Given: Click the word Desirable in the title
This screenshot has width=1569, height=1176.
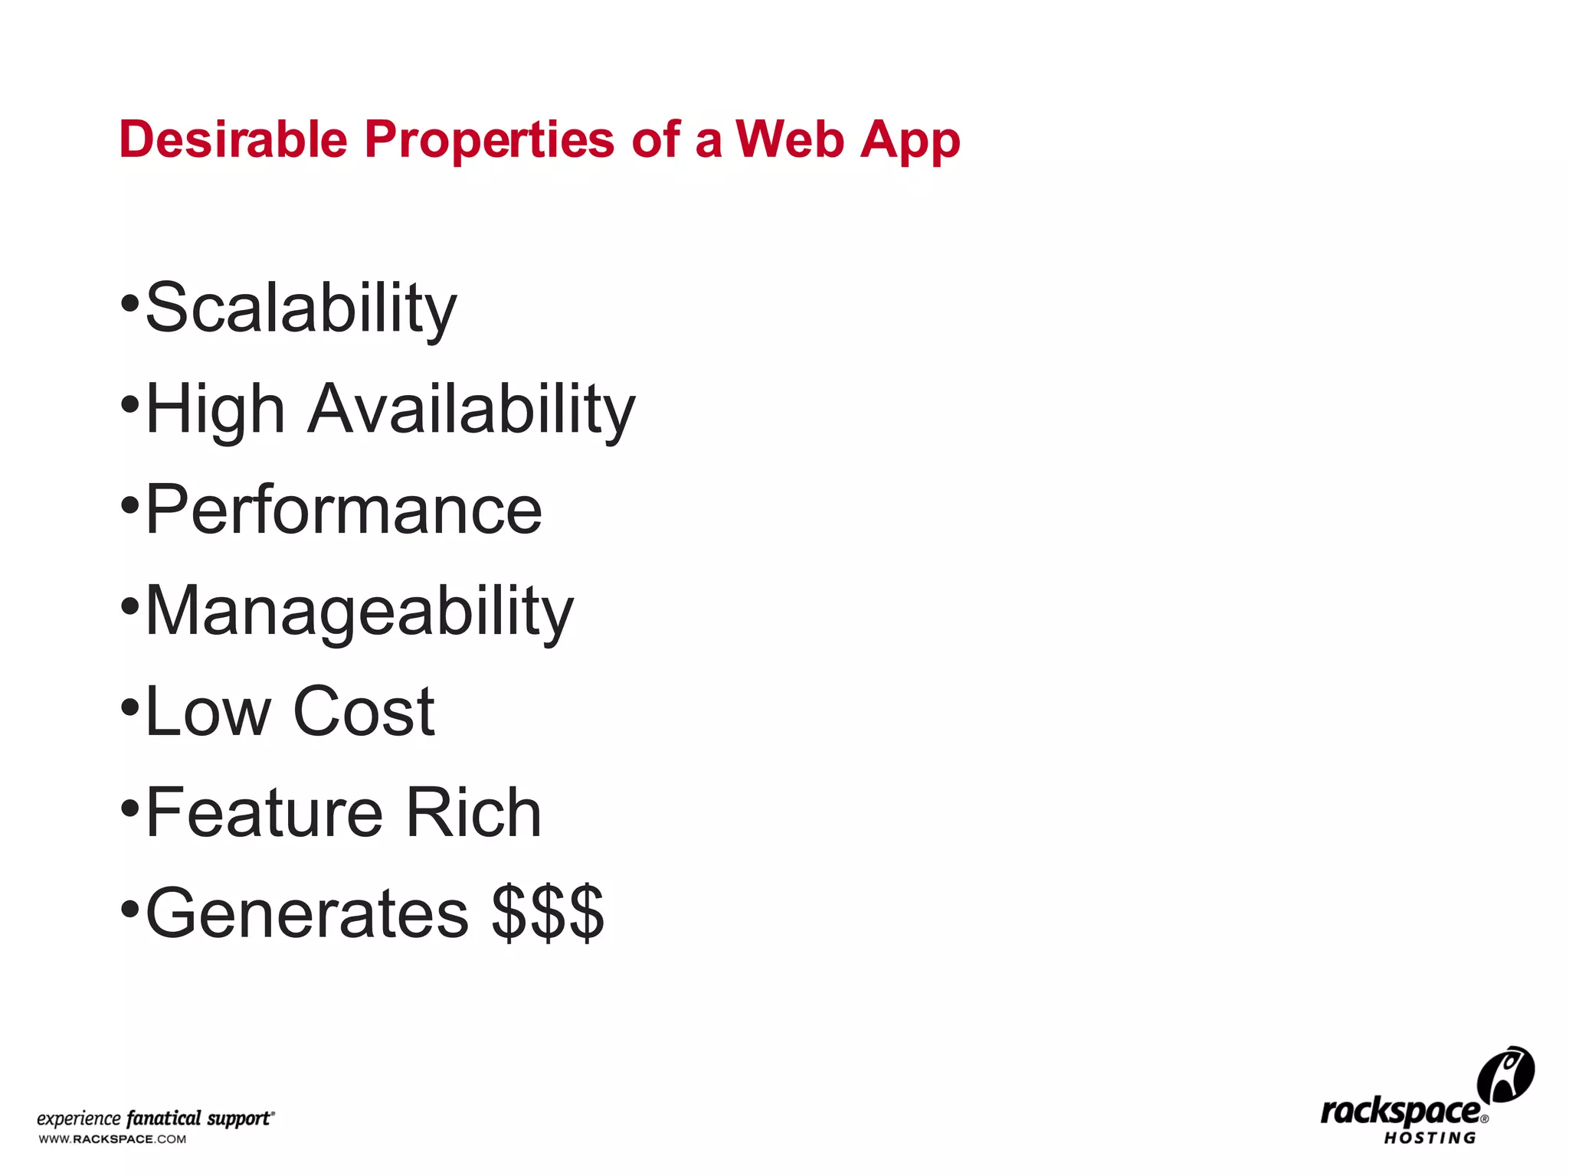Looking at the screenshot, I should (234, 139).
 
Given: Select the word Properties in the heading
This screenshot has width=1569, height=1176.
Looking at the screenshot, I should (489, 141).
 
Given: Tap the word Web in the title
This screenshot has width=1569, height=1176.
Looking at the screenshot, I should (790, 139).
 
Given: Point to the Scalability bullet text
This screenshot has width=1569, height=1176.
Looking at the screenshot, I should (301, 309).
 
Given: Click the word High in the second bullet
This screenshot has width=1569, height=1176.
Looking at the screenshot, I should (215, 410).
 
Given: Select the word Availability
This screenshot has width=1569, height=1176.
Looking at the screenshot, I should (472, 410).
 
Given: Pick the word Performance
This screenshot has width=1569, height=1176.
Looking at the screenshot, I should (344, 510).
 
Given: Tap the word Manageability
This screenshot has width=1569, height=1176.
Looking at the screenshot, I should (359, 612).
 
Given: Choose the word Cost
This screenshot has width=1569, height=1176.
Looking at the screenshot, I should (364, 712).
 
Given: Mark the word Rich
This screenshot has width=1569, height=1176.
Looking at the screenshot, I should (473, 813).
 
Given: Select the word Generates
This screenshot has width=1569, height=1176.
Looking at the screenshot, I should (307, 913).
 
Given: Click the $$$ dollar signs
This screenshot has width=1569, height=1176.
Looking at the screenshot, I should (548, 913).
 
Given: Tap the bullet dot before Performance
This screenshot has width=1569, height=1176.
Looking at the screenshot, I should (130, 505).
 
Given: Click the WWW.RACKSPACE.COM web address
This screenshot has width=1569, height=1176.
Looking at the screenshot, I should (113, 1139).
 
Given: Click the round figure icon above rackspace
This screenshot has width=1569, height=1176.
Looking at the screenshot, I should (1505, 1074).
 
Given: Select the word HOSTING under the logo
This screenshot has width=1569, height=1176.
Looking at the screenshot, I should (1430, 1138).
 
